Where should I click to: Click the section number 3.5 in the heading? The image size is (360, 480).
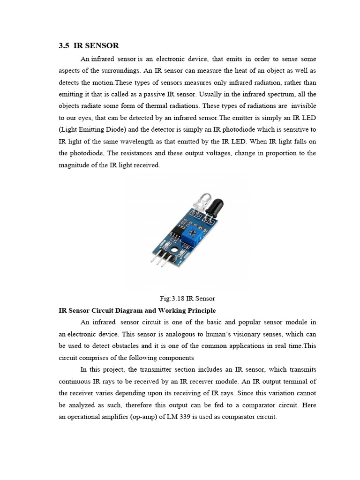64,45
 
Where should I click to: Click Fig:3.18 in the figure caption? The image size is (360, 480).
172,298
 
